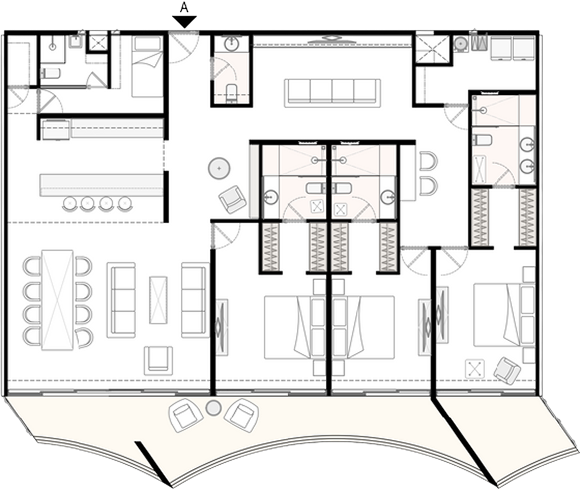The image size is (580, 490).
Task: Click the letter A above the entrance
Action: [184, 8]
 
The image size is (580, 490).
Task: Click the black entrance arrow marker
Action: [184, 22]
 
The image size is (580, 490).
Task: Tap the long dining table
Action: [57, 300]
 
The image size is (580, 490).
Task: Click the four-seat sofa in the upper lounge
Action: [332, 93]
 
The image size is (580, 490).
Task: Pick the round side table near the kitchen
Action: [220, 168]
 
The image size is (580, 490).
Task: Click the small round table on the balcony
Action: [213, 408]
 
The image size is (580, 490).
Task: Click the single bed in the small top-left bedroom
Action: [147, 67]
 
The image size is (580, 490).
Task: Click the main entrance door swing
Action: [183, 47]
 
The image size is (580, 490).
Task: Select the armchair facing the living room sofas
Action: [158, 361]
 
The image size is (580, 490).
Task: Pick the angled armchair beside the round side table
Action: [233, 199]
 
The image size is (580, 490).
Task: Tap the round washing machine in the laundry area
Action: [461, 44]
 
